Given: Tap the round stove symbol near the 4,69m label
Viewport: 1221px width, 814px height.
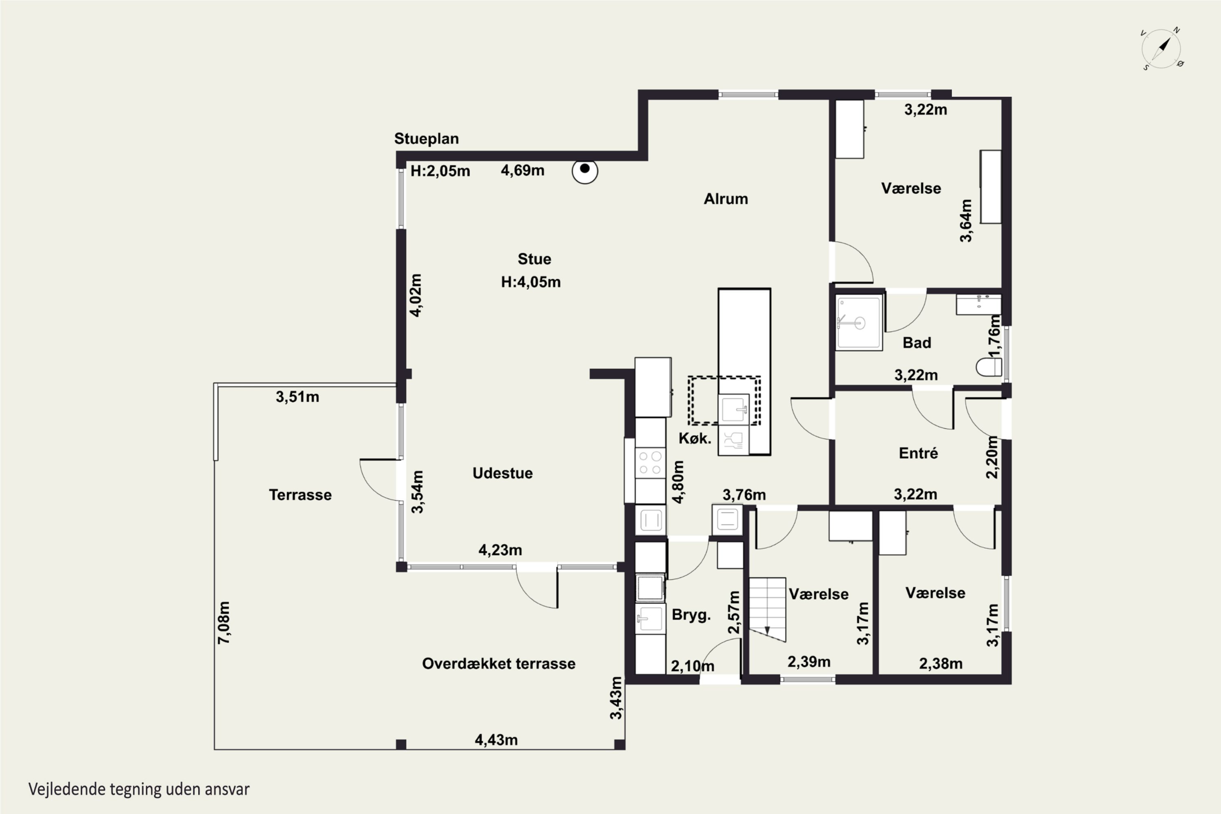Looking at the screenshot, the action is coord(585,171).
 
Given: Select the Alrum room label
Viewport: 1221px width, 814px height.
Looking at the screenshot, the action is coord(726,199).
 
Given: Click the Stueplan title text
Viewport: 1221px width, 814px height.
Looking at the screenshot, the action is coord(426,139).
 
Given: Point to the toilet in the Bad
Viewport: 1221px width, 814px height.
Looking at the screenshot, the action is coord(989,367).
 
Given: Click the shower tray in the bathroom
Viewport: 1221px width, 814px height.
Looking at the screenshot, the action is coord(859,322).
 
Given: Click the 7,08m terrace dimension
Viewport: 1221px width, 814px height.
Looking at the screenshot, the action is coord(224,623).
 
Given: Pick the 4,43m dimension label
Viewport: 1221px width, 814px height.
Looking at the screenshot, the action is coord(496,740).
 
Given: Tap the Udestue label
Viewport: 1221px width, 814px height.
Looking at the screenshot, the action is coord(503,473).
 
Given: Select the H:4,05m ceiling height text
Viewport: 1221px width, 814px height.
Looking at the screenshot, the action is coord(531,282).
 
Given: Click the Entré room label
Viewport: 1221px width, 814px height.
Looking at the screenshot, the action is coord(918,453).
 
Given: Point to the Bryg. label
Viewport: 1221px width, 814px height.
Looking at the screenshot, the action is coord(691,615).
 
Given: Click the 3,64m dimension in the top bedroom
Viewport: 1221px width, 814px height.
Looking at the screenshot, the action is coord(965,221).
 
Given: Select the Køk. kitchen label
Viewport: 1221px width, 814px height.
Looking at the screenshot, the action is coord(695,438).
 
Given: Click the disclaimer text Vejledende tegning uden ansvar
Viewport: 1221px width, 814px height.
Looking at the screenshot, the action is coord(139,789).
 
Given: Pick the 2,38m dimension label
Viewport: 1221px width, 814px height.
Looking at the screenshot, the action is coord(941,663).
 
